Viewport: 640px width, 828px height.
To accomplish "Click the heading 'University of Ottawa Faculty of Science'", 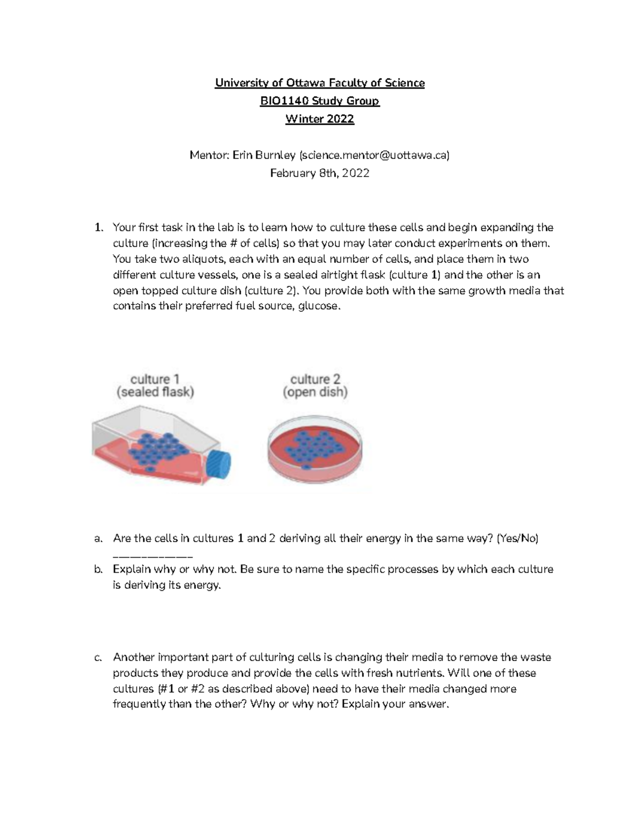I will (319, 83).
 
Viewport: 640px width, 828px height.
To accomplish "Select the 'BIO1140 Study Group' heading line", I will (319, 101).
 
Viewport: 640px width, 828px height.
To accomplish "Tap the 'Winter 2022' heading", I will (319, 119).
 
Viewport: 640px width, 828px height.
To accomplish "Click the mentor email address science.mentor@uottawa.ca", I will (374, 155).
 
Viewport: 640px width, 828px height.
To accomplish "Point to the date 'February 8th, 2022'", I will (319, 173).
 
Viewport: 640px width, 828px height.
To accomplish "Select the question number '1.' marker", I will (98, 228).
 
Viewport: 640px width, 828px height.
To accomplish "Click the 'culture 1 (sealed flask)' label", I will (155, 386).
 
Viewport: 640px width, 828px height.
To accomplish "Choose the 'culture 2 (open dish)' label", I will (315, 386).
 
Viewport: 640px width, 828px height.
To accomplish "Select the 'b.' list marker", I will (98, 569).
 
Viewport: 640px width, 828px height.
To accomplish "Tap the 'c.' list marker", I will (98, 657).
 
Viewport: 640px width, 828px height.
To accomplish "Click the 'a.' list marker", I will (98, 538).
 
